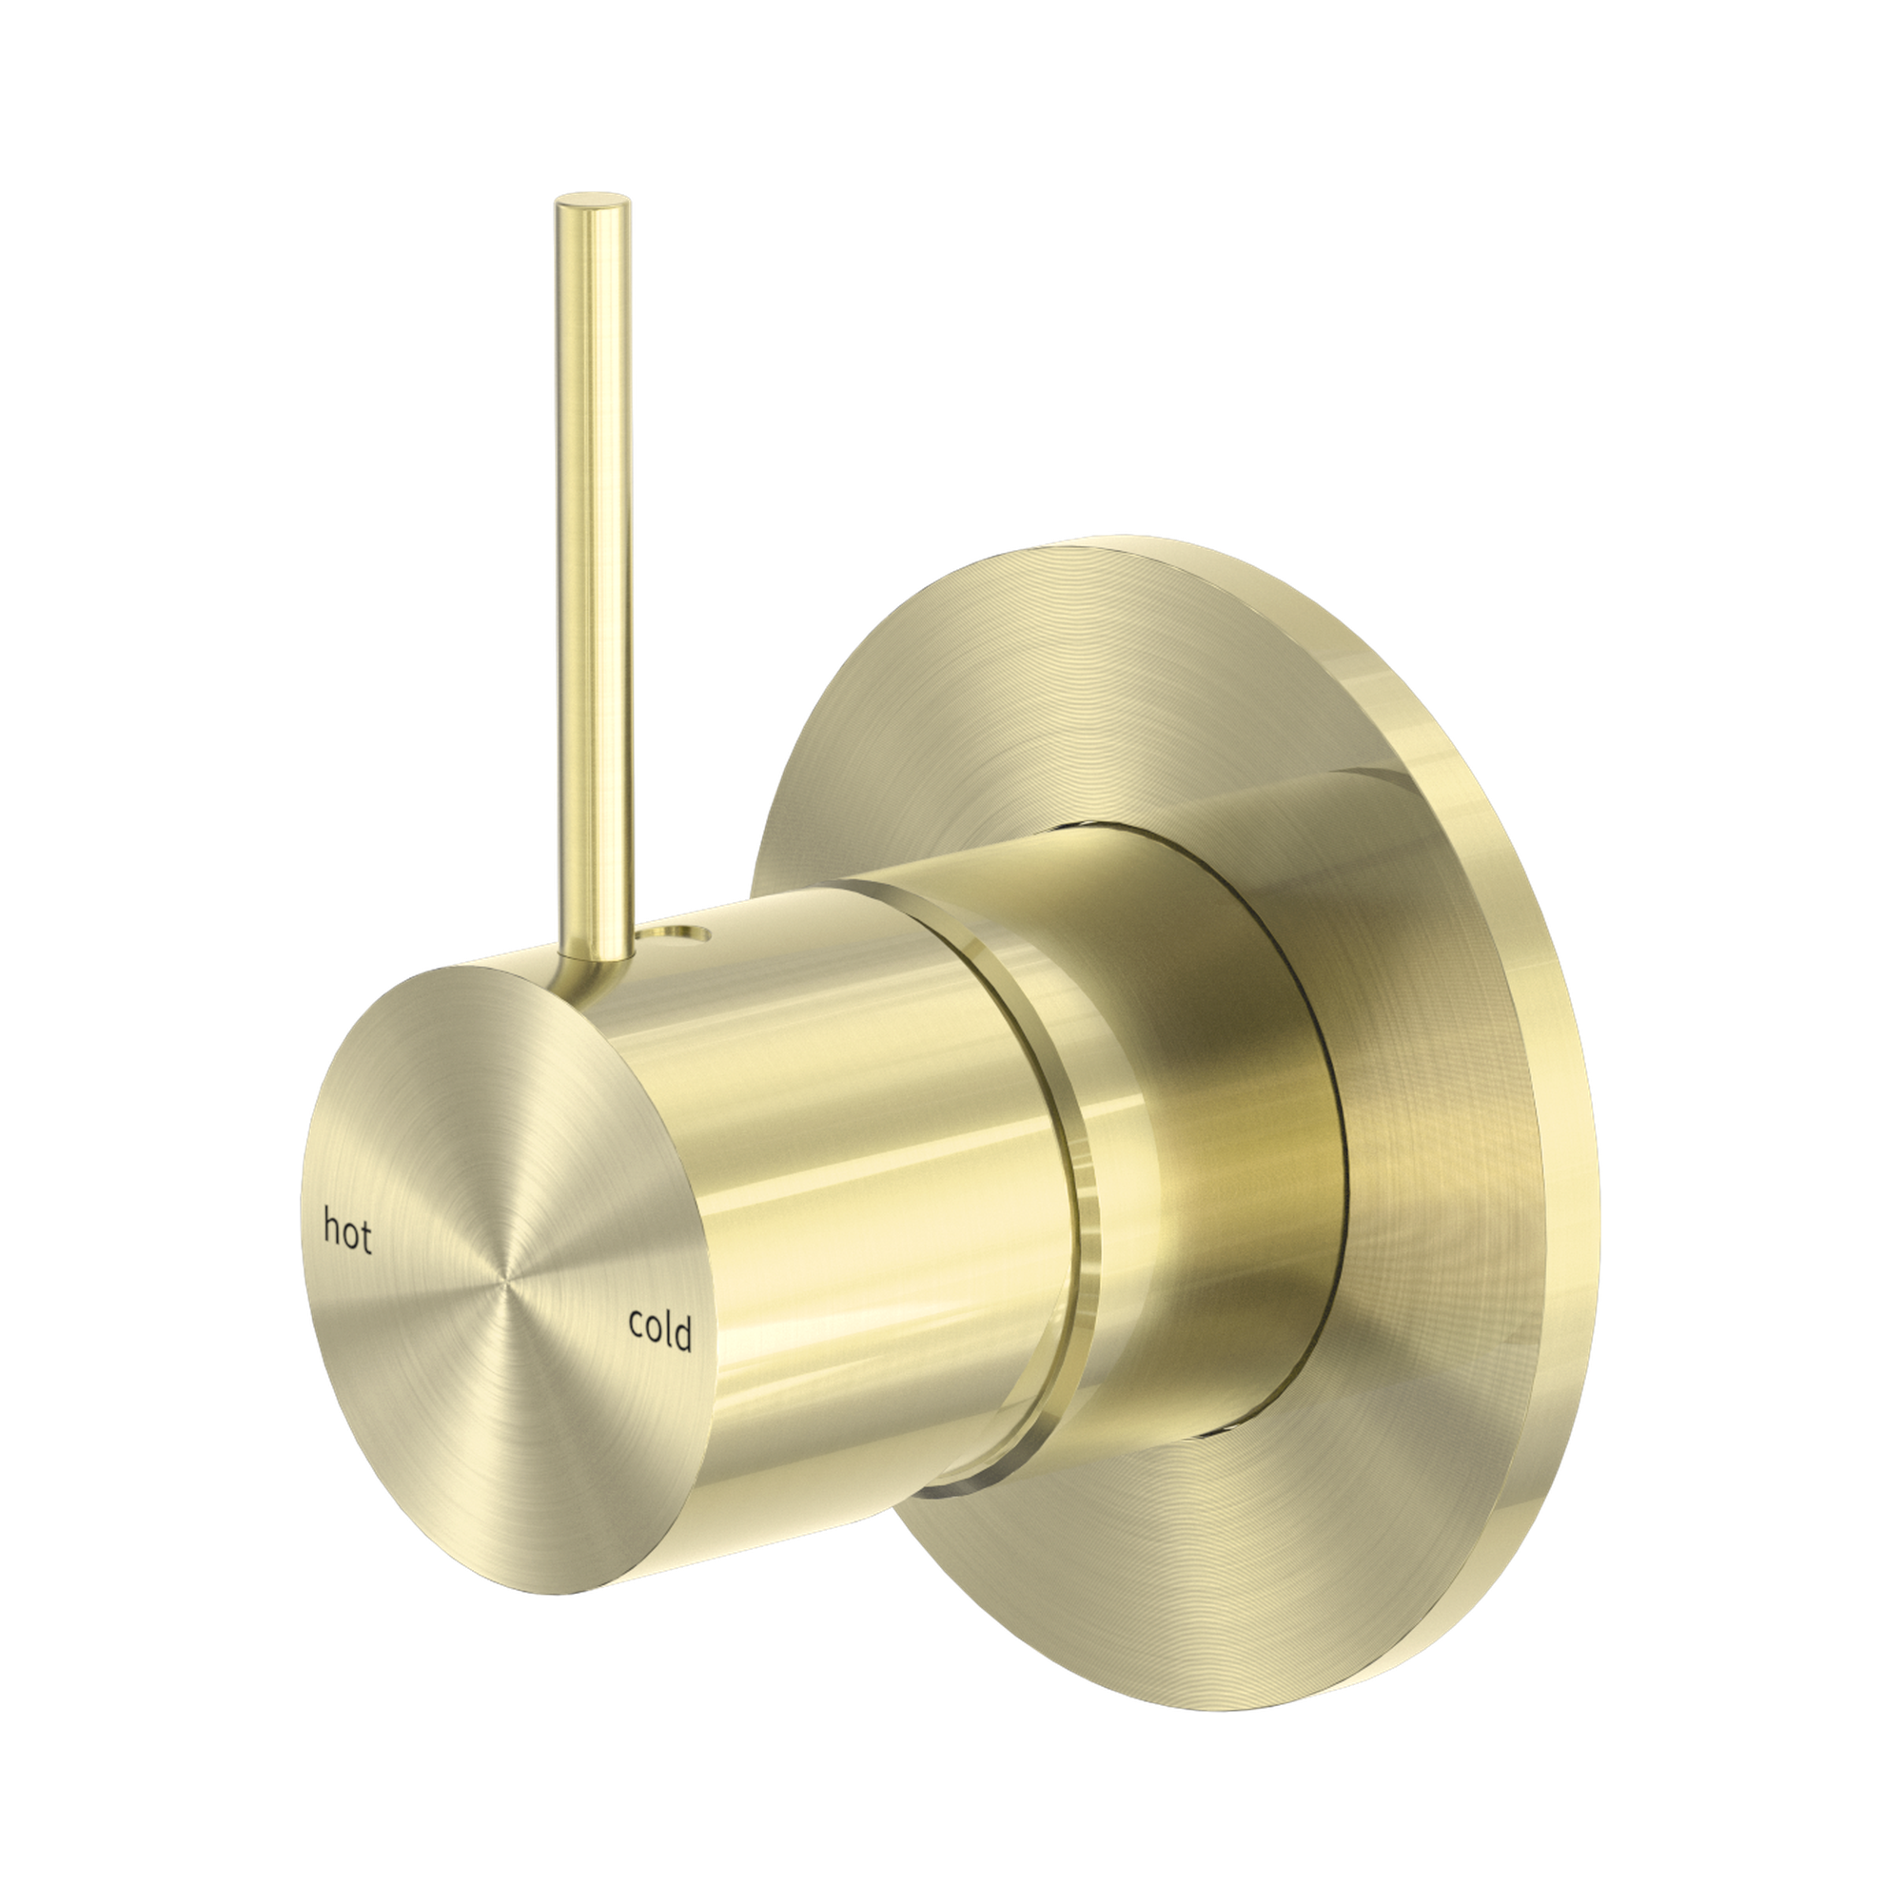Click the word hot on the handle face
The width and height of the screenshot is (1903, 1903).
tap(347, 1233)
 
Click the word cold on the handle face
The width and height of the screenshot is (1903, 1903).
tap(660, 1330)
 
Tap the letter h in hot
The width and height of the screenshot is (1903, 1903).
tap(333, 1229)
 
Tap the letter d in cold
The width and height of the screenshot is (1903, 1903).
tap(681, 1334)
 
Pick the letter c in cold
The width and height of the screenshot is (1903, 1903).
tap(637, 1325)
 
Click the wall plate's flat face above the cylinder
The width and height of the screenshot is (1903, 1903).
tap(1034, 690)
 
